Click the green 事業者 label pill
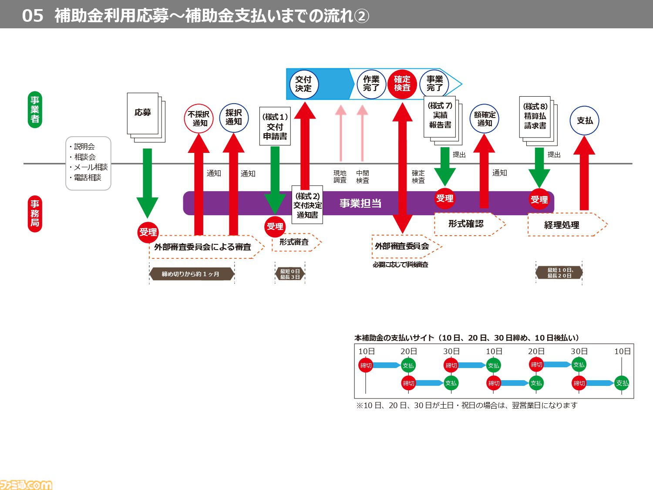point(35,109)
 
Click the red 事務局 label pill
point(35,213)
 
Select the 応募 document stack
point(146,118)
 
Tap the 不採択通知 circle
point(199,118)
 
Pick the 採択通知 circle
point(234,118)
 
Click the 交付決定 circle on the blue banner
point(304,84)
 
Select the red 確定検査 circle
point(402,84)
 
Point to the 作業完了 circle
point(371,84)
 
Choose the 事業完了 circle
point(434,84)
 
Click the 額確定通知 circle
point(485,118)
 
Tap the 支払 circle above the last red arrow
point(584,121)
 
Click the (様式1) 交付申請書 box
point(275,126)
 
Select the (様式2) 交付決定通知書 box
point(307,205)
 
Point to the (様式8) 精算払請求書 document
point(539,121)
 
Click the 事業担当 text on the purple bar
point(360,203)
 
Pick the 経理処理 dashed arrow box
point(568,225)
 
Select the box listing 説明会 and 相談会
point(88,163)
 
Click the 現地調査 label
point(340,177)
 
